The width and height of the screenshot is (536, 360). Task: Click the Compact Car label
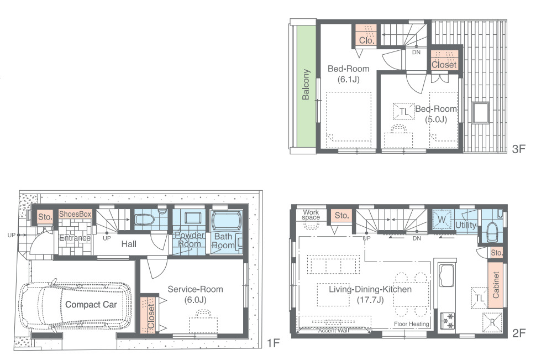(91, 305)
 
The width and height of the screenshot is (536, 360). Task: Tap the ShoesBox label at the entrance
(75, 214)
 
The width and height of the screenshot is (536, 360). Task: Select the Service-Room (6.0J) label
(195, 294)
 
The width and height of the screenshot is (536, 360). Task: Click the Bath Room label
(223, 241)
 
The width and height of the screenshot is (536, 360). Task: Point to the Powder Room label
(190, 239)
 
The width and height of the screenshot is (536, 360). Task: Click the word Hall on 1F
(129, 244)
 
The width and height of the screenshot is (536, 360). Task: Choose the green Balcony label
(306, 85)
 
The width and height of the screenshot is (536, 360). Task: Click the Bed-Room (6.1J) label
(348, 74)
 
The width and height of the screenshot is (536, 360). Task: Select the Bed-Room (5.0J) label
(436, 114)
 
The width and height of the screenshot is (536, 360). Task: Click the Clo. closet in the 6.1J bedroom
(366, 35)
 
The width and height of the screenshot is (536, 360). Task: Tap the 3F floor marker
(518, 149)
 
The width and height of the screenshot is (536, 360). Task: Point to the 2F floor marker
(518, 333)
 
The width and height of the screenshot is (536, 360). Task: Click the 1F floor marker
(273, 342)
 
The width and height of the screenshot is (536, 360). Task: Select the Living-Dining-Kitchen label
(370, 294)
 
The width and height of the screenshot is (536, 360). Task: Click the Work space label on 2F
(311, 215)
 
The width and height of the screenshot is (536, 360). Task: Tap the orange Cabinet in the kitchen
(495, 285)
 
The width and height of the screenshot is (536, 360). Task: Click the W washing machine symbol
(442, 220)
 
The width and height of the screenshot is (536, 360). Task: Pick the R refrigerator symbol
(492, 322)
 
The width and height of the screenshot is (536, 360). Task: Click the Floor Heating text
(412, 324)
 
